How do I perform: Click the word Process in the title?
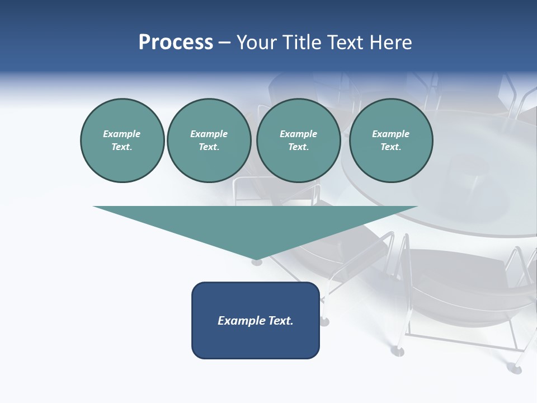click(x=176, y=43)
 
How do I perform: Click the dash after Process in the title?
click(x=224, y=43)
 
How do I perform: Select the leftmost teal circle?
click(x=122, y=140)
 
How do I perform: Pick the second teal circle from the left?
click(x=209, y=140)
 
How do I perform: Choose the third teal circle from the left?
click(x=298, y=140)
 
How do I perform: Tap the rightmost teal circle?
click(x=390, y=140)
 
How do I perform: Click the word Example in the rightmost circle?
click(x=390, y=134)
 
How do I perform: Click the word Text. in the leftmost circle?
click(x=122, y=147)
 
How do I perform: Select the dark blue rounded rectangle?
click(x=256, y=336)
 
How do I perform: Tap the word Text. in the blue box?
click(x=281, y=321)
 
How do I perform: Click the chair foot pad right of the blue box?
click(x=324, y=322)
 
